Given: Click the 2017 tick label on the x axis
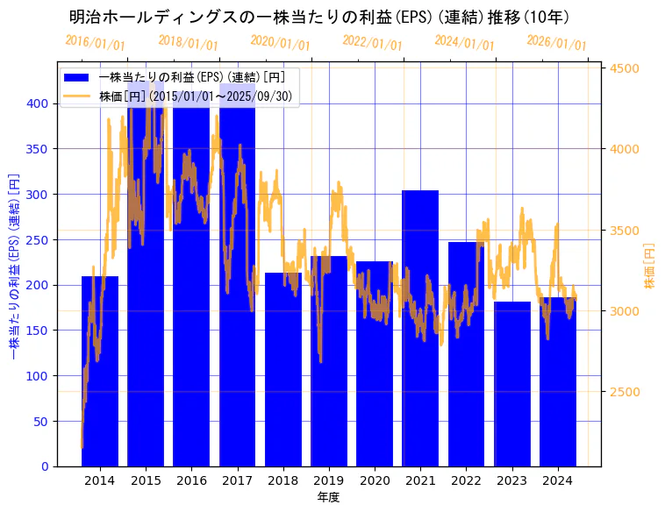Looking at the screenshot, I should (237, 480).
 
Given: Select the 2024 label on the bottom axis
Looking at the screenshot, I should (558, 480).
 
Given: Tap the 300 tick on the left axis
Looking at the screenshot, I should (38, 195).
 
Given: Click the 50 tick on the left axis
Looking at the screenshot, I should (41, 422).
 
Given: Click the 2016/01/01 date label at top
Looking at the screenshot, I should (95, 42).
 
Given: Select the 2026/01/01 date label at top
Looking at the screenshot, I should (556, 43).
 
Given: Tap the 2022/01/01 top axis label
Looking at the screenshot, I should (372, 43).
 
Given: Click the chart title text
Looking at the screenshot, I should (319, 17).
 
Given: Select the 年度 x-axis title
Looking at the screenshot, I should (328, 497).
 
